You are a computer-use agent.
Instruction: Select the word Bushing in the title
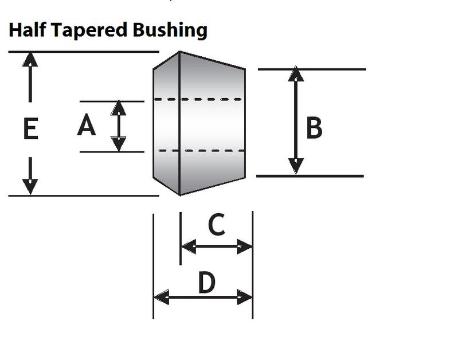tap(170, 31)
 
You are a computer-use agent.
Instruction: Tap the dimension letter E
tap(31, 128)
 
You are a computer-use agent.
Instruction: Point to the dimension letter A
tap(87, 125)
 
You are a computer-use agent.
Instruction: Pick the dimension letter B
tap(314, 128)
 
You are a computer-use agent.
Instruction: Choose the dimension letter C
tap(216, 224)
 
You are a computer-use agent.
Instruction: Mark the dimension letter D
tap(206, 283)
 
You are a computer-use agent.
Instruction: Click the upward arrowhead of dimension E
tap(30, 60)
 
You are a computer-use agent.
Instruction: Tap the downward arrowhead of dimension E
tap(30, 187)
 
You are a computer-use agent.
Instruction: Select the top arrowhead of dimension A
tap(118, 108)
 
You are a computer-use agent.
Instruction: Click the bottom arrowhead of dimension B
tap(296, 166)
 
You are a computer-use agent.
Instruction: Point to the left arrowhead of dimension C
tap(189, 246)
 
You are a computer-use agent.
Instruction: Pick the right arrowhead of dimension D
tap(245, 297)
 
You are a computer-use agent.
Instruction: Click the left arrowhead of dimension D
tap(162, 297)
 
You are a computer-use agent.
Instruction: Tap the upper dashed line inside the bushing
tap(198, 99)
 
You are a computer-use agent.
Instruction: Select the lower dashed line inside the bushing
tap(201, 150)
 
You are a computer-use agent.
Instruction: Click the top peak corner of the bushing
tap(179, 52)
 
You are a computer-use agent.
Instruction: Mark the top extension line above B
tap(312, 69)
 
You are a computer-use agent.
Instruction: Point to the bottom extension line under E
tap(84, 196)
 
